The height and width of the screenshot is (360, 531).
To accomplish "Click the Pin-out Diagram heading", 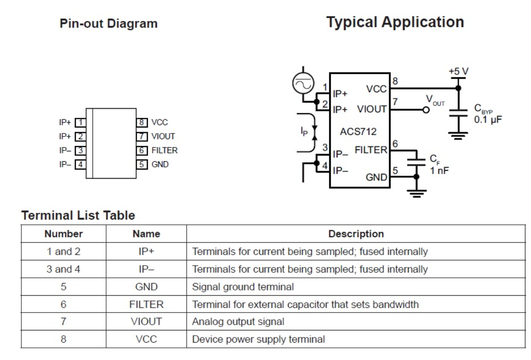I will pyautogui.click(x=108, y=23).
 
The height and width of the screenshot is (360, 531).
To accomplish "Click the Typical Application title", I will pyautogui.click(x=395, y=22).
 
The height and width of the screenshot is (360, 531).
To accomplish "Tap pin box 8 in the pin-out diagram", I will pyautogui.click(x=141, y=123).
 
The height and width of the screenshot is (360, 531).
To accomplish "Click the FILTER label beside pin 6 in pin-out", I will pyautogui.click(x=164, y=150).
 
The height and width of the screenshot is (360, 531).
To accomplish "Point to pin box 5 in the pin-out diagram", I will pyautogui.click(x=141, y=164).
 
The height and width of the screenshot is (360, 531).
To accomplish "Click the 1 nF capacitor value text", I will pyautogui.click(x=440, y=171).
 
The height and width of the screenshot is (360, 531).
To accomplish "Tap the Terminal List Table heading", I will pyautogui.click(x=78, y=215).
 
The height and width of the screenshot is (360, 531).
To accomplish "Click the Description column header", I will pyautogui.click(x=356, y=234).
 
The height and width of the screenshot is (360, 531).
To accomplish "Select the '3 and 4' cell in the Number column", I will pyautogui.click(x=63, y=269).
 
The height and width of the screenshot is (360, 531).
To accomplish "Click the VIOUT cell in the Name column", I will pyautogui.click(x=146, y=322).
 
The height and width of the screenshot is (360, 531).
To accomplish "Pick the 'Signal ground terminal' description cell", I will pyautogui.click(x=243, y=287).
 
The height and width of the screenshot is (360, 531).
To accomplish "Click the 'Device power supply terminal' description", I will pyautogui.click(x=258, y=339).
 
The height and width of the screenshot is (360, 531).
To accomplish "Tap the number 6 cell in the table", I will pyautogui.click(x=63, y=304).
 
